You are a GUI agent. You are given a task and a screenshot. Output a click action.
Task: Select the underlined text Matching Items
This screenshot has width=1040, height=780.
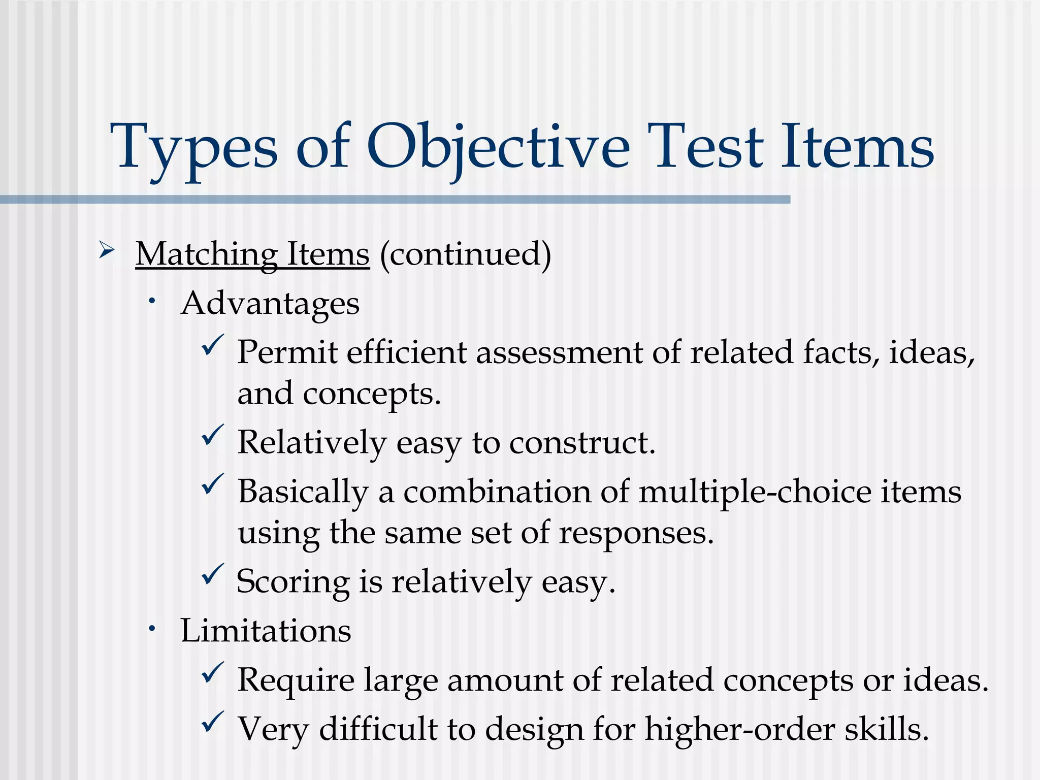point(252,254)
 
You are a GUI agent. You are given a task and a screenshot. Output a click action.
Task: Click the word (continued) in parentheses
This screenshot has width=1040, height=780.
point(465,254)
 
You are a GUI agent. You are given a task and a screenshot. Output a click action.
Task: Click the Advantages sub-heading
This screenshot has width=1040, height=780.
point(270,304)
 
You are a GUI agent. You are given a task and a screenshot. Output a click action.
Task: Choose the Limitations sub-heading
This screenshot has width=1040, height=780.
point(266,631)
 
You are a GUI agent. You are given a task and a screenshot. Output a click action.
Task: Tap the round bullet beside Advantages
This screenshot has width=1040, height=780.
point(151,302)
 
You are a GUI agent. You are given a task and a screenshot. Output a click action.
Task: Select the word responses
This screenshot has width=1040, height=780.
point(636,533)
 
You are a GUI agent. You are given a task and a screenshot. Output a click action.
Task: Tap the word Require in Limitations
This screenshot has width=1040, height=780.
point(296,680)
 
